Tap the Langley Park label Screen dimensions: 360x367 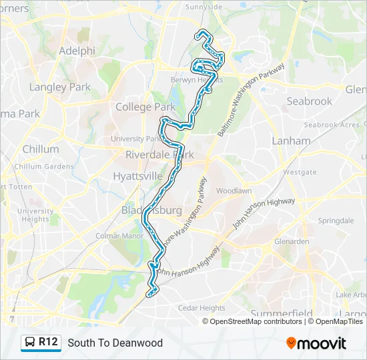[x=60, y=87]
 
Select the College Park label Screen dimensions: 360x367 [x=145, y=107]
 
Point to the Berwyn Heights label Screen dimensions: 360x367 [x=200, y=79]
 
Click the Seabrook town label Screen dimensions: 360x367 [x=309, y=101]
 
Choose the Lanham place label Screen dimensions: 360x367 [x=292, y=141]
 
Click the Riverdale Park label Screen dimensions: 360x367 [x=160, y=155]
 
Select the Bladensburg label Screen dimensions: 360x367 [x=151, y=211]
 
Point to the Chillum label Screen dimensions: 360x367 [x=41, y=149]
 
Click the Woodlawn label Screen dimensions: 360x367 [x=234, y=191]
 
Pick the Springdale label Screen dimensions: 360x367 [x=336, y=221]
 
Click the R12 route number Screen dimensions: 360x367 [x=49, y=343]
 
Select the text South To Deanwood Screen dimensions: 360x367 [x=115, y=343]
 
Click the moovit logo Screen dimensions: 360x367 [x=316, y=343]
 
